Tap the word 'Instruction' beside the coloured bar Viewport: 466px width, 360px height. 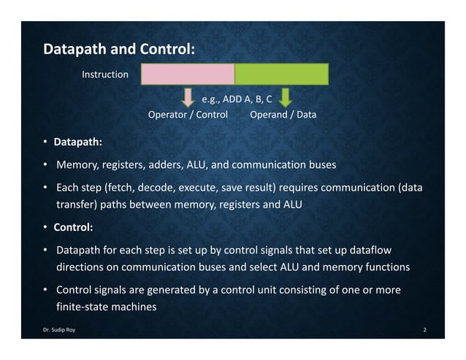(x=104, y=74)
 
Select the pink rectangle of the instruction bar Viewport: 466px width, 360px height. (x=187, y=74)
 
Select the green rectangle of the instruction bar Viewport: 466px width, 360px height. (x=281, y=74)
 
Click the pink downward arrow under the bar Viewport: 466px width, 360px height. (x=188, y=98)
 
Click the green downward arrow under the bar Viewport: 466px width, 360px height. (x=286, y=98)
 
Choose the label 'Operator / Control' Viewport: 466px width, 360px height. (x=188, y=115)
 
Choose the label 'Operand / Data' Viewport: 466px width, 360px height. (x=283, y=115)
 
